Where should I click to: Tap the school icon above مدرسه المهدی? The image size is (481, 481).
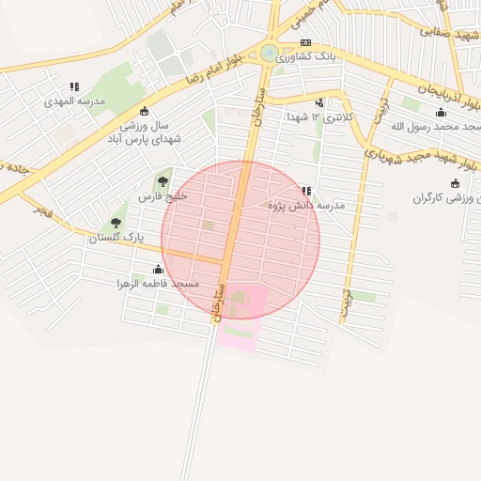pos(74,87)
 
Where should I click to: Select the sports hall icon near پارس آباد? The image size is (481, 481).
pos(144,110)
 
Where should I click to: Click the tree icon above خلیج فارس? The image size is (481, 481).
pos(163,181)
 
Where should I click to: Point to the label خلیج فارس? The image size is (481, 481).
pos(163,196)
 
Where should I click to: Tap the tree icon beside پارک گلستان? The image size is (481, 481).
pos(116,223)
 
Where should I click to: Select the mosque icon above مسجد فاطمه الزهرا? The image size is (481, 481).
pos(158,270)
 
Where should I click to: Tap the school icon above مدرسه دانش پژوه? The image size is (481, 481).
pos(306,191)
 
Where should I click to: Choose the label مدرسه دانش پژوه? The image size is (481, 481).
pos(307,205)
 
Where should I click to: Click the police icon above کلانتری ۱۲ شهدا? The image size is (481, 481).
pos(320,103)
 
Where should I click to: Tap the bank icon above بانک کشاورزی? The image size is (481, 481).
pos(305,42)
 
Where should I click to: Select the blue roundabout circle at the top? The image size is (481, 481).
pos(270,53)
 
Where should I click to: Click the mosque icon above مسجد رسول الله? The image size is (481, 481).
pos(442,113)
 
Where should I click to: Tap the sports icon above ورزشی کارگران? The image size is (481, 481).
pos(455,183)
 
